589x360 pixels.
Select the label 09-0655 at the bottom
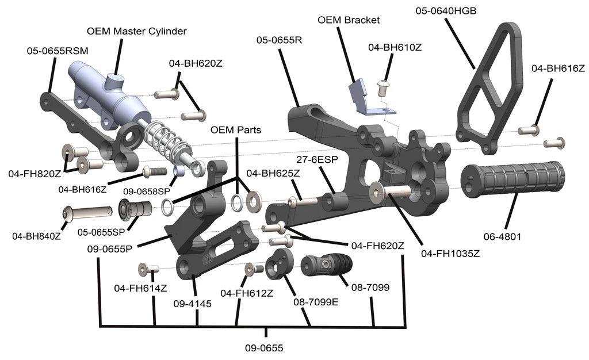[264, 348]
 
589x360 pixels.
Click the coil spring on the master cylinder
[163, 141]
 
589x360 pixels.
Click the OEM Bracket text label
[349, 20]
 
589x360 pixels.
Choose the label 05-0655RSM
[58, 51]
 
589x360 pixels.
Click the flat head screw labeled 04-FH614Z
[149, 268]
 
